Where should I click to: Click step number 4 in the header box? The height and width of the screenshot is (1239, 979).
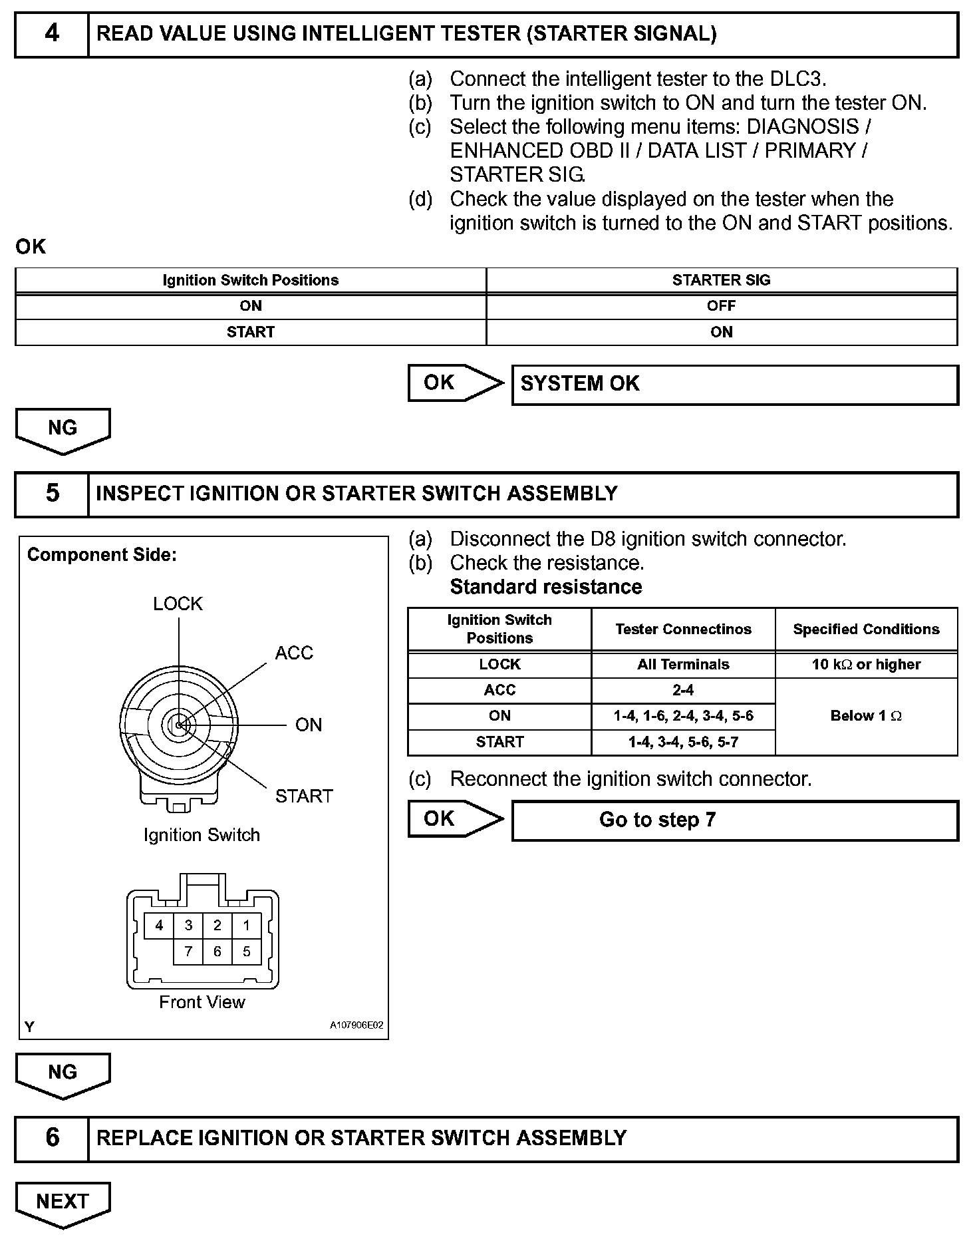pos(52,33)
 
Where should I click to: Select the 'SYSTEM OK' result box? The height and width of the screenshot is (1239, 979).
pos(734,384)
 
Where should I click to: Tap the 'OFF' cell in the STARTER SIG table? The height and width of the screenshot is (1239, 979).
pos(721,306)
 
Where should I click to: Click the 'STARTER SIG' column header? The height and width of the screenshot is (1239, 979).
pos(721,280)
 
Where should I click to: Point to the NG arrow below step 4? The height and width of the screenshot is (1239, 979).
pos(63,429)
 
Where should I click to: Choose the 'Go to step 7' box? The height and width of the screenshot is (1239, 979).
pos(734,820)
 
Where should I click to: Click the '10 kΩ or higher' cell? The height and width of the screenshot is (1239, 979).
pos(866,664)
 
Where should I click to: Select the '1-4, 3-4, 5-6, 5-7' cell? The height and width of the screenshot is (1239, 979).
pos(683,742)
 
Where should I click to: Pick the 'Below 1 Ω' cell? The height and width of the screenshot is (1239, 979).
pos(866,716)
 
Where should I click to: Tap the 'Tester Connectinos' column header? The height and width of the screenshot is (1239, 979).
pos(683,629)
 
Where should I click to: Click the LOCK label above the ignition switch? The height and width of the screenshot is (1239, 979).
pos(178,604)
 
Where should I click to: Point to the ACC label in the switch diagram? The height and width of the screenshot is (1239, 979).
pos(294,653)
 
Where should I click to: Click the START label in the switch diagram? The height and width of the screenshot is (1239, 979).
pos(304,796)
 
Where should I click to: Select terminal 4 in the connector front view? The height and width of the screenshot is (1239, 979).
pos(159,925)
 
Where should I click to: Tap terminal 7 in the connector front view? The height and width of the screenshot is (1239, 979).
pos(188,952)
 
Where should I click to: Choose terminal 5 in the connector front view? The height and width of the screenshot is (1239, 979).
pos(247,952)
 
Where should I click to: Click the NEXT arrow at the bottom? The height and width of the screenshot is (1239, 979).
pos(63,1203)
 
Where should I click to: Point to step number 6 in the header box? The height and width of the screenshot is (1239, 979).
pos(52,1137)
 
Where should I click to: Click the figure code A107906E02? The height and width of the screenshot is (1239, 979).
pos(356,1025)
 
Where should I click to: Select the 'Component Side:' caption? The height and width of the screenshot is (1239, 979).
pos(102,555)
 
